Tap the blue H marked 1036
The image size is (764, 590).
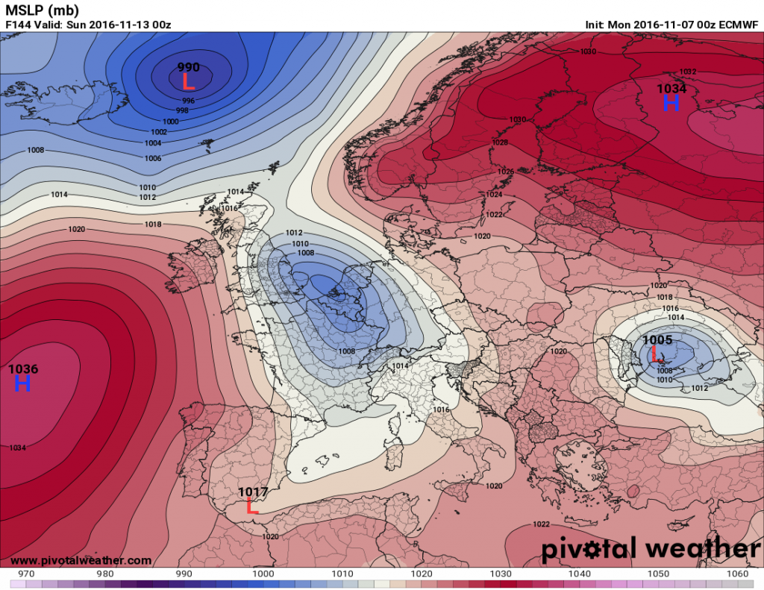[x=22, y=383]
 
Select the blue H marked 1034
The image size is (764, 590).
[x=671, y=103]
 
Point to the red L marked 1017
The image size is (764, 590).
[x=252, y=507]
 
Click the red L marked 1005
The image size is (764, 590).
[x=656, y=354]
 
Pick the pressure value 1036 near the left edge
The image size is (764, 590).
[x=23, y=368]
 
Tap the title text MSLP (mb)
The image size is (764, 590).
[x=39, y=10]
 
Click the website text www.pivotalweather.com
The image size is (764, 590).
[x=81, y=560]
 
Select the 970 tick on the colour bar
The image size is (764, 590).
[x=26, y=574]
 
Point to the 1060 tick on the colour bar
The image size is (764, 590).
[x=737, y=574]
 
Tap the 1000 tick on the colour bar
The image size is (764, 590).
[x=263, y=574]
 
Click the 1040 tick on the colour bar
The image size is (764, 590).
[x=579, y=574]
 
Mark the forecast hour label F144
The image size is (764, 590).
[x=18, y=25]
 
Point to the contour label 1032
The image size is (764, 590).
[x=688, y=72]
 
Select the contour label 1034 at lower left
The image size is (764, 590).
[x=18, y=448]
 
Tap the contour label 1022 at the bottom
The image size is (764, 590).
[x=542, y=524]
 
